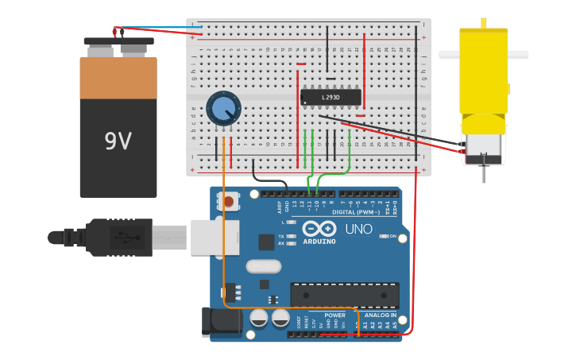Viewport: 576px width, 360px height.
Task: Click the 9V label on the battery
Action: click(118, 141)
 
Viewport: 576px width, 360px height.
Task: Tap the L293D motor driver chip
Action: click(331, 98)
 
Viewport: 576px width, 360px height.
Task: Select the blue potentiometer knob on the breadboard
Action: click(223, 107)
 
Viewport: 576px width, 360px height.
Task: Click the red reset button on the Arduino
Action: click(229, 202)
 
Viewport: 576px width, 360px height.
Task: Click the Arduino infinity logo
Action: click(319, 228)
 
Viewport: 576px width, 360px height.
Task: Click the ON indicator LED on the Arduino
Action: click(383, 236)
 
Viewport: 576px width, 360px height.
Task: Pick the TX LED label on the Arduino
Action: click(284, 237)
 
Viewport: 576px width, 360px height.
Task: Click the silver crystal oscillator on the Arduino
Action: click(264, 266)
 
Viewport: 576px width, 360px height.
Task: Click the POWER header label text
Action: click(334, 315)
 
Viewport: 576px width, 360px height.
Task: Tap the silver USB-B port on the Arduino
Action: click(214, 237)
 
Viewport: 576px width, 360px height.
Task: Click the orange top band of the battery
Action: click(118, 77)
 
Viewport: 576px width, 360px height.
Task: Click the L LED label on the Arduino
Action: click(284, 222)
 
